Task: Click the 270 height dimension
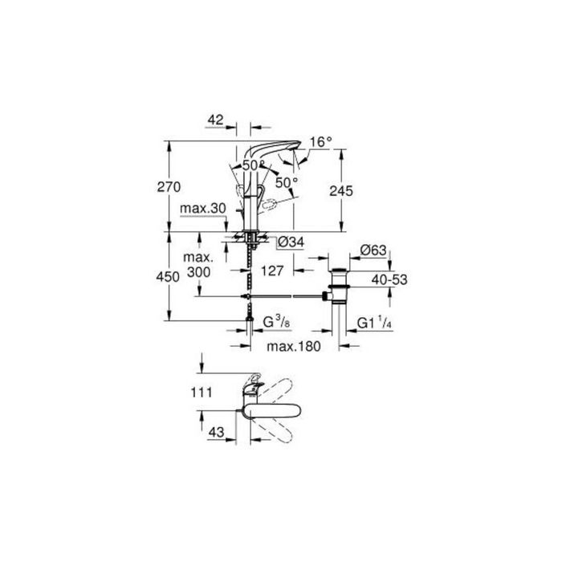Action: coord(169,187)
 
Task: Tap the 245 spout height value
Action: coord(341,191)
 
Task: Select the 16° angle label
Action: coord(321,142)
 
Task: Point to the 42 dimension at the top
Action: coord(215,120)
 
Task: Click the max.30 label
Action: coord(203,208)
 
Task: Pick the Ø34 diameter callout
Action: coord(291,242)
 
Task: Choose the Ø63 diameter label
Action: coord(373,250)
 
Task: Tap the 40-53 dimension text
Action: coord(389,279)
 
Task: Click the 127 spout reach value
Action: coord(272,271)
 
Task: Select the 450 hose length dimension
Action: coord(168,277)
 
